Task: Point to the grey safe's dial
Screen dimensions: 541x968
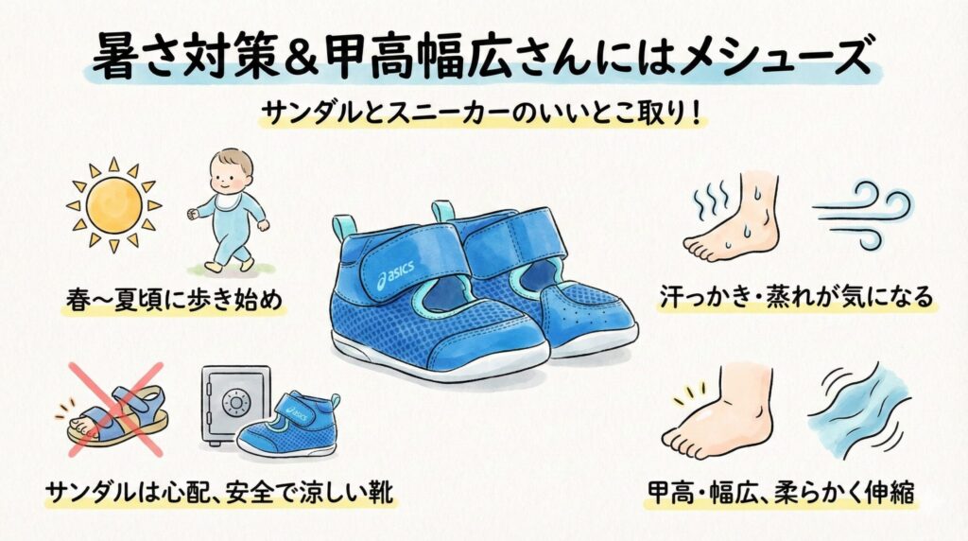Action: click(233, 402)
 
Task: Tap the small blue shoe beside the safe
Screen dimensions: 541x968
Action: click(286, 425)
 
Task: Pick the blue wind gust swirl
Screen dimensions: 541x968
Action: click(864, 213)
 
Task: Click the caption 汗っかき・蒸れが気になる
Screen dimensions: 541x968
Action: click(796, 298)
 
